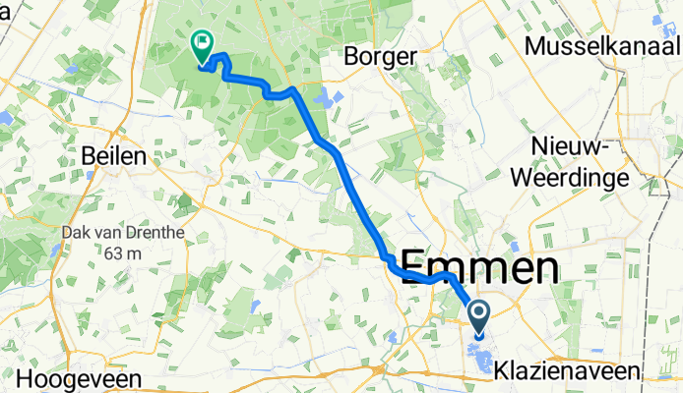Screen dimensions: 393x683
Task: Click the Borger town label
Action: [x=380, y=57]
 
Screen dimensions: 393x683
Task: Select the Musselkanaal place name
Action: [x=603, y=46]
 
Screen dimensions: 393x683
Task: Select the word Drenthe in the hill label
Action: [x=148, y=234]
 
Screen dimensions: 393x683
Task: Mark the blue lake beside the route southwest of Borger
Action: [x=326, y=98]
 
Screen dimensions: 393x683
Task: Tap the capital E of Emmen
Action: [x=418, y=269]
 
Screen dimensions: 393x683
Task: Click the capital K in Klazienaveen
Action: [x=504, y=371]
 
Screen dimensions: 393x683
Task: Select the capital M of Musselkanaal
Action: [x=537, y=46]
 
